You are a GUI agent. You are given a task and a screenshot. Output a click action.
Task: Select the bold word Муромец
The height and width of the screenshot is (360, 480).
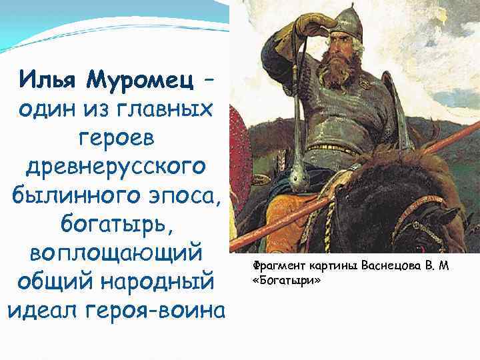tap(139, 81)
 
